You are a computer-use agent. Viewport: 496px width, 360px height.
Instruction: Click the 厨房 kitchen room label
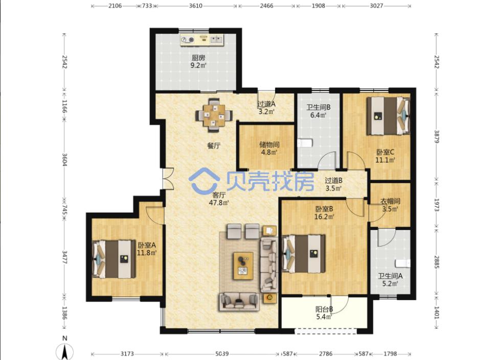coord(198,58)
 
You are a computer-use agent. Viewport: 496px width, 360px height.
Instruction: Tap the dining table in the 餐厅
coord(214,115)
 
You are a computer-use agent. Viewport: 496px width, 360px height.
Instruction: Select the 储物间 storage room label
coord(269,145)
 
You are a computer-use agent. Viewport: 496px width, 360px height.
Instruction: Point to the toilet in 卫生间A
coord(402,263)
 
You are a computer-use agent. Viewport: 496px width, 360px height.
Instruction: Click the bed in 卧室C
coord(388,116)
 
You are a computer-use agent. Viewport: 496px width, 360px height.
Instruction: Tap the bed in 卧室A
coord(114,259)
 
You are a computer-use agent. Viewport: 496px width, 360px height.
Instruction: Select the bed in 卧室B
coord(304,254)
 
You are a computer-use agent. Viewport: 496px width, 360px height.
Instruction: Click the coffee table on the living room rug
coord(243,266)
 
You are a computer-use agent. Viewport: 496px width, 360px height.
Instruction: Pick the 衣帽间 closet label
coord(390,201)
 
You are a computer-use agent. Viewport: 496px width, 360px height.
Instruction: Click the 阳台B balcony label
coord(324,309)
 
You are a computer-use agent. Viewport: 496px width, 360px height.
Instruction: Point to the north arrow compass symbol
coord(64,351)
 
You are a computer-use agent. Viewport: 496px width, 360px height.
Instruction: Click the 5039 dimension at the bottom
coord(222,354)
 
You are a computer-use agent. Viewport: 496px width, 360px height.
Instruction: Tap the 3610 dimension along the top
coord(196,6)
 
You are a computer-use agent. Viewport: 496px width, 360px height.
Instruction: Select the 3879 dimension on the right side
coord(437,137)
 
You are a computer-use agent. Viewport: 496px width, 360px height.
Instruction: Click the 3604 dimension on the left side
coord(64,160)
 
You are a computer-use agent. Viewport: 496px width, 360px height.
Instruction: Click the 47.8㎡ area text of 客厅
coord(219,202)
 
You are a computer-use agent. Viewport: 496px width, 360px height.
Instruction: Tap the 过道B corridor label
coord(333,181)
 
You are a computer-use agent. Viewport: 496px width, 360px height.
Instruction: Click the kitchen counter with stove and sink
coord(202,39)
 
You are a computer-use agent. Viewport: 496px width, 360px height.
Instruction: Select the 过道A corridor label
coord(266,104)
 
